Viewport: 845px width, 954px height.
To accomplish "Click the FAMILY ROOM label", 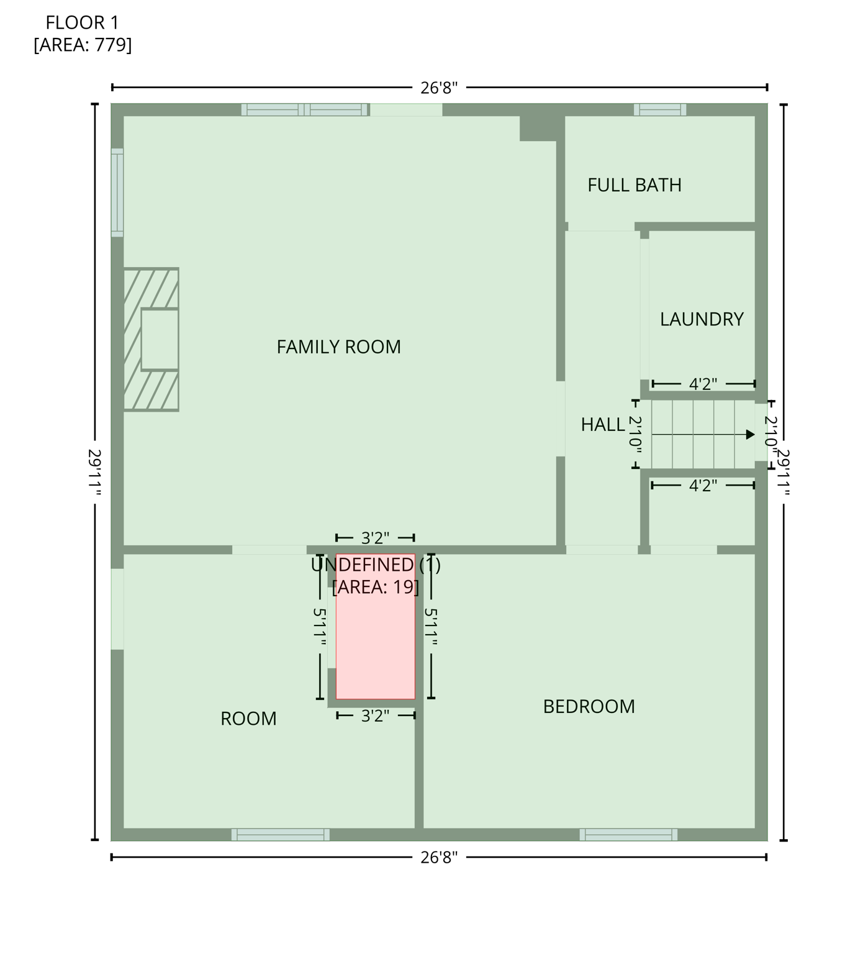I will click(x=338, y=347).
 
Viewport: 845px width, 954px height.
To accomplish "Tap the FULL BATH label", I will click(x=634, y=185).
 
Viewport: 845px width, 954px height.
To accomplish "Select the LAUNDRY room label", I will click(x=701, y=319).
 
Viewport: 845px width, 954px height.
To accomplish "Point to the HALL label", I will click(x=602, y=425).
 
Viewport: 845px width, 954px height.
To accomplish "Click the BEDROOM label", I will click(x=589, y=707).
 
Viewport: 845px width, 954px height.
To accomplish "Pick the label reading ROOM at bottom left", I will click(x=248, y=719).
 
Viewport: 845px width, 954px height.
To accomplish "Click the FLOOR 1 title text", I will click(x=82, y=23).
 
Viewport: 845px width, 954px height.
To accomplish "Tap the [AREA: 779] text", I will click(x=82, y=45).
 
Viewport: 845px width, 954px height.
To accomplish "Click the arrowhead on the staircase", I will click(x=750, y=435).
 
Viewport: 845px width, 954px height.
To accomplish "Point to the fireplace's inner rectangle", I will click(x=160, y=340).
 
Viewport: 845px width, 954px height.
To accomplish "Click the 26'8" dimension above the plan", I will click(x=438, y=88).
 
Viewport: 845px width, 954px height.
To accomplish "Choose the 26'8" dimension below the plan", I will click(x=438, y=858).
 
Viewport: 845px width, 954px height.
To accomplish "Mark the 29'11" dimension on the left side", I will click(x=94, y=472).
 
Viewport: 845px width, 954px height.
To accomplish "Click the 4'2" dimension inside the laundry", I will click(x=703, y=384).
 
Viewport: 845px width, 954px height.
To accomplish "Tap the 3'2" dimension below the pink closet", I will click(x=375, y=716).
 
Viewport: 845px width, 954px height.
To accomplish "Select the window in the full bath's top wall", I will click(x=659, y=110).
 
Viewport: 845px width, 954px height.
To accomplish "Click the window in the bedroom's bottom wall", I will click(x=628, y=834).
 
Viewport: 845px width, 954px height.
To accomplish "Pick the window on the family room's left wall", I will click(x=117, y=193).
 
